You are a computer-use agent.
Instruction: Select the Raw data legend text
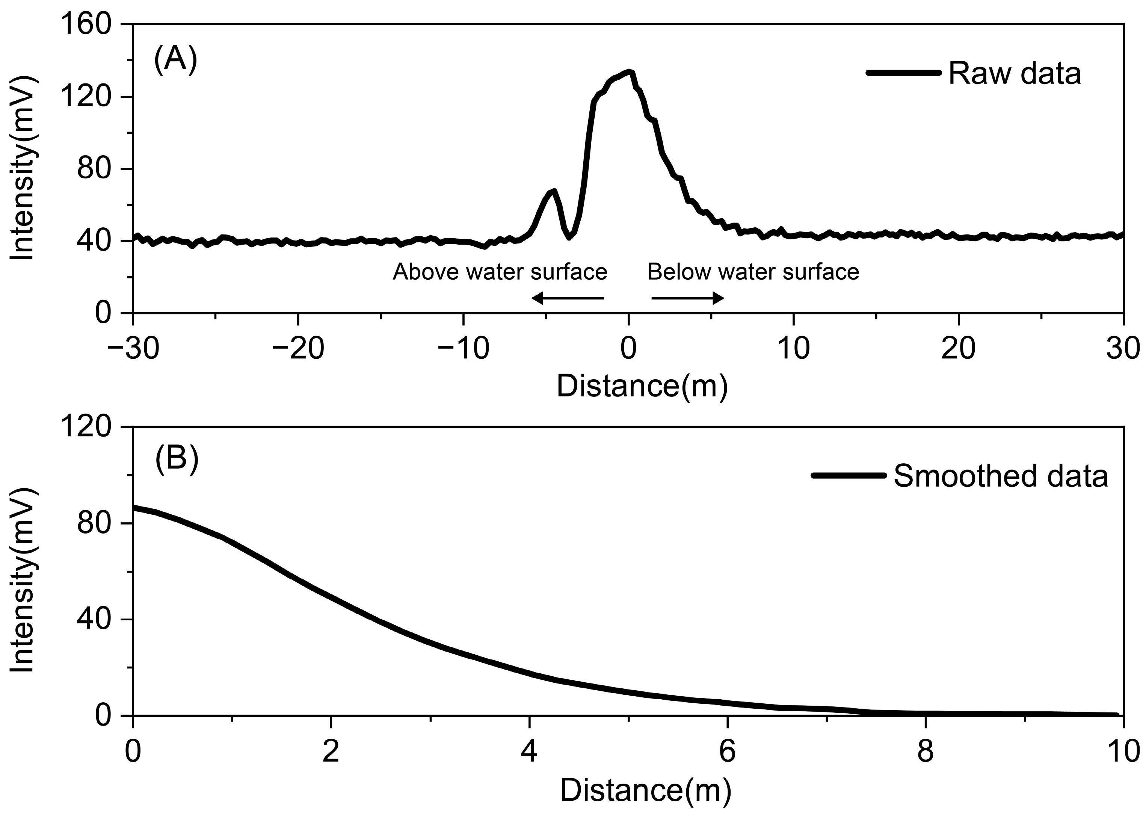pyautogui.click(x=1015, y=74)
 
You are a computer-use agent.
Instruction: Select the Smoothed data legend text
pyautogui.click(x=1001, y=476)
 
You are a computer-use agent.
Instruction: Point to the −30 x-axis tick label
pyautogui.click(x=133, y=349)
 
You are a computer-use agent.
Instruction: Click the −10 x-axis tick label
pyautogui.click(x=463, y=349)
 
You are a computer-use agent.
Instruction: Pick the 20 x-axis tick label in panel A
pyautogui.click(x=958, y=349)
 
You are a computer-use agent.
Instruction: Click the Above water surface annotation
pyautogui.click(x=500, y=272)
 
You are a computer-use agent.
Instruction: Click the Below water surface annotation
pyautogui.click(x=753, y=272)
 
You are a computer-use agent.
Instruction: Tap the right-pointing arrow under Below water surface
pyautogui.click(x=688, y=298)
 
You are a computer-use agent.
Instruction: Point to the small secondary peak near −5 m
pyautogui.click(x=554, y=191)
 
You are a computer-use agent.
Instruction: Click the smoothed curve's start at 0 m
pyautogui.click(x=134, y=508)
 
